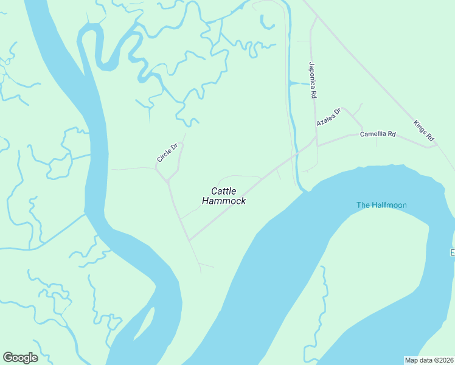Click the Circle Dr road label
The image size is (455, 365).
click(167, 152)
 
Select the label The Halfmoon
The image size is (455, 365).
click(381, 205)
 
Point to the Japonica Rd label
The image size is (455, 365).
click(313, 80)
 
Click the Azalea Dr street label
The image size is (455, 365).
click(329, 116)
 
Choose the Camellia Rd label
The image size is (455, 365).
click(378, 134)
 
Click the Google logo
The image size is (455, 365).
click(20, 358)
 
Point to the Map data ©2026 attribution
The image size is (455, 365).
click(429, 360)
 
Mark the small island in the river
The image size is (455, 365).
click(145, 324)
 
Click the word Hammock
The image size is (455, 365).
click(224, 201)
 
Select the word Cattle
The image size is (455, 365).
click(224, 191)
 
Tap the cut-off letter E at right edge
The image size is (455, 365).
click(452, 252)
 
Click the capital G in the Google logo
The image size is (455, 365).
click(8, 358)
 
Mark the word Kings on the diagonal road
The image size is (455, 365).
click(420, 125)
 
